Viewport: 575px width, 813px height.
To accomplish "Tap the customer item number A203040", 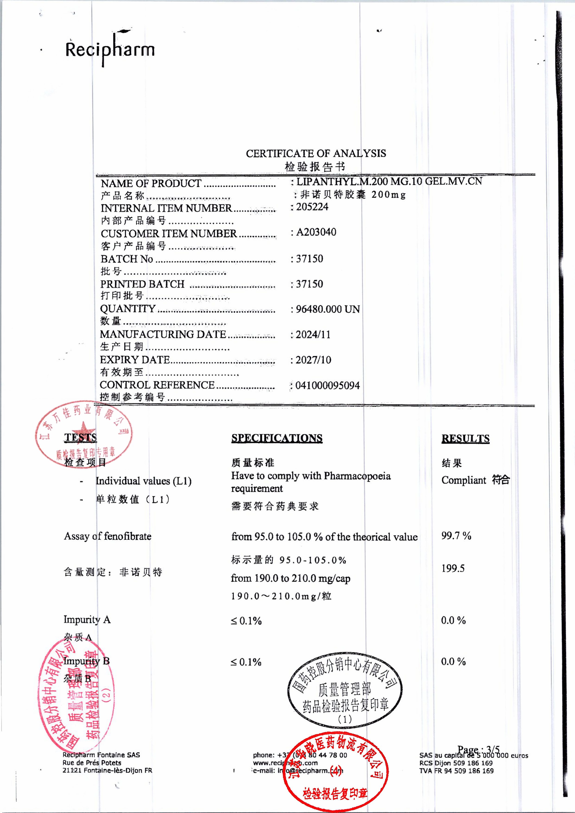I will [x=316, y=232].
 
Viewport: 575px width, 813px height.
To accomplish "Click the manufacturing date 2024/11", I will [x=313, y=335].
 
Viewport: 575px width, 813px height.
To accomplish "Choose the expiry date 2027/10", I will [x=313, y=360].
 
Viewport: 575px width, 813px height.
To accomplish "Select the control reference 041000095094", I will [x=327, y=385].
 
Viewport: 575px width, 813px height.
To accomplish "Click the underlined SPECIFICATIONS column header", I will [x=277, y=438].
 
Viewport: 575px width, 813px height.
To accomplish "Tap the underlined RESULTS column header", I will [x=465, y=438].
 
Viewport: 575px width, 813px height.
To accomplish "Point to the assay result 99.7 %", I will [x=456, y=536].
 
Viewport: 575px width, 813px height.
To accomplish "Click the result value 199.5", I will [x=453, y=568].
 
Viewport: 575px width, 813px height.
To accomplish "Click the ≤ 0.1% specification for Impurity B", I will [x=246, y=662].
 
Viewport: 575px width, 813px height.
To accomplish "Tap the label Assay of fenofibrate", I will [x=107, y=536].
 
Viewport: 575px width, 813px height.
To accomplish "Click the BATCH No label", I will [x=127, y=259].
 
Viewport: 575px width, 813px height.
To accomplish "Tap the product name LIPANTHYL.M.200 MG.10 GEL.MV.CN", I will [x=389, y=181].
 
